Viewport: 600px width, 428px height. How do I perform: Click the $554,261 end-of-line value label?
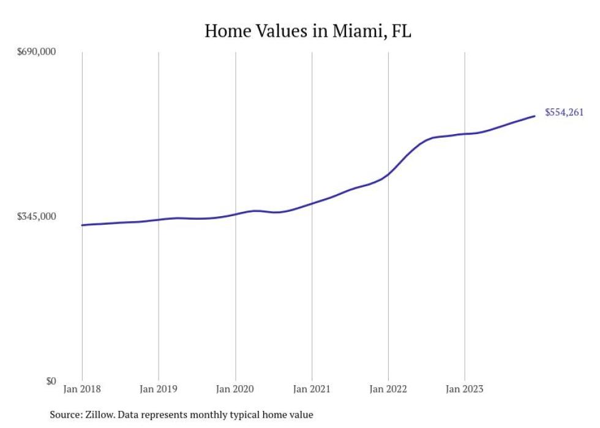tap(564, 112)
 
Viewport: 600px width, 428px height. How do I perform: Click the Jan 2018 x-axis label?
tap(82, 389)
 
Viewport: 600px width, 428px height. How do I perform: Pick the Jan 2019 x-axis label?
tap(159, 389)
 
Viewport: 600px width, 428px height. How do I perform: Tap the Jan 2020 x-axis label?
tap(235, 389)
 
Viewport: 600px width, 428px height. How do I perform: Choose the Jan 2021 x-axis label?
tap(312, 389)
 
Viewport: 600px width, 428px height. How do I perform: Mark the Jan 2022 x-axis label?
tap(388, 389)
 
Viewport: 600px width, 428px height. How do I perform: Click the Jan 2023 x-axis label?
tap(465, 389)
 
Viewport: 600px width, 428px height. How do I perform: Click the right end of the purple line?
tap(534, 116)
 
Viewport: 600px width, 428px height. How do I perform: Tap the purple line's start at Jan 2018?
tap(82, 225)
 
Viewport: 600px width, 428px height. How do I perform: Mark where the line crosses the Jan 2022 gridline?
tap(388, 174)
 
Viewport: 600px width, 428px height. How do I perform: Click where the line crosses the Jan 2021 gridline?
tap(312, 203)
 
